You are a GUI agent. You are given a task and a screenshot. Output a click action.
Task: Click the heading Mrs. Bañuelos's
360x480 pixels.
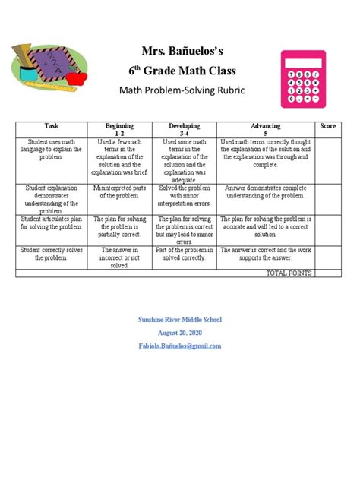pos(181,52)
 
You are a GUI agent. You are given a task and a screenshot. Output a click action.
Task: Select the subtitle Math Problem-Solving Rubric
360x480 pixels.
pos(180,93)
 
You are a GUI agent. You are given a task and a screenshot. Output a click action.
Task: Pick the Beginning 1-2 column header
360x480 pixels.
pos(120,129)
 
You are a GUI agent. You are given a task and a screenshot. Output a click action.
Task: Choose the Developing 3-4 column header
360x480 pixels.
pos(185,129)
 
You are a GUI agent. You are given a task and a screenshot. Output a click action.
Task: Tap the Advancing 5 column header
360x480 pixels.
pos(265,129)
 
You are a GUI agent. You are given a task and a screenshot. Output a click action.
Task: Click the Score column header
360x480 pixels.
pos(328,125)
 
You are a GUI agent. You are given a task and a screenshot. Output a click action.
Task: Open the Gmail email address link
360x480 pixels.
pos(179,346)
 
